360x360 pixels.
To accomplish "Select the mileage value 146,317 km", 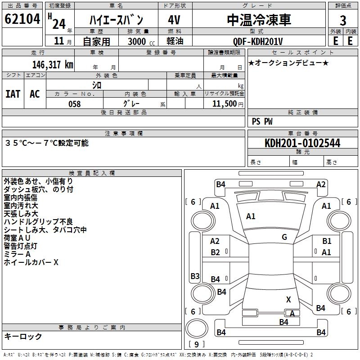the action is [53, 65].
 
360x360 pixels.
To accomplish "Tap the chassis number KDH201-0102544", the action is [302, 143].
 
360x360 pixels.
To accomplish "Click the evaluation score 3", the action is [343, 21].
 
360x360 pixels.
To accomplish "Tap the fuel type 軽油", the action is [175, 41].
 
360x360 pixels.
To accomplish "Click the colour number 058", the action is [74, 104].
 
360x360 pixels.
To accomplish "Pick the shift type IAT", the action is [13, 94].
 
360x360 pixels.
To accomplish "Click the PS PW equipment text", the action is [262, 121].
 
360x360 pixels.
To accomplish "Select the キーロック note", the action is [23, 337].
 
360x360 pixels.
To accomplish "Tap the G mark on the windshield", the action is [284, 237].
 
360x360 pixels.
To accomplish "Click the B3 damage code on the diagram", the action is [195, 276].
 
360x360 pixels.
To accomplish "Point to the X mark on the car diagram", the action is [288, 299].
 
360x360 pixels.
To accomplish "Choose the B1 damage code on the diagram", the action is [327, 241].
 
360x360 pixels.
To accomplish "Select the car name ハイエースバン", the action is [116, 20].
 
